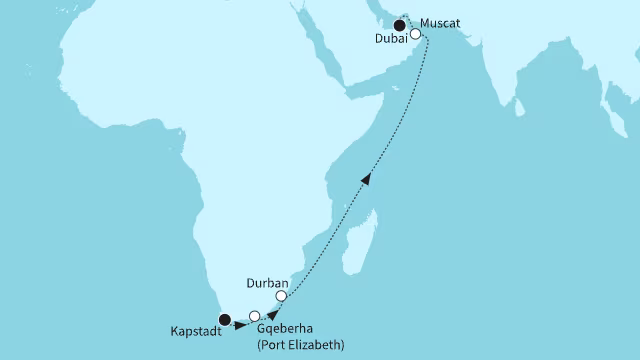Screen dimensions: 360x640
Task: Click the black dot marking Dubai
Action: pos(400,26)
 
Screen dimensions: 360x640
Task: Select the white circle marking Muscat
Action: pos(416,33)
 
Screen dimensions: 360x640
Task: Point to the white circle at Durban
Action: pos(282,296)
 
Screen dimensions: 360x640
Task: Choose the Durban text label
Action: pos(267,281)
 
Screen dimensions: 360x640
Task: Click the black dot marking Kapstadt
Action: pos(225,320)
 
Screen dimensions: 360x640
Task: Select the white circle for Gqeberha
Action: pos(254,316)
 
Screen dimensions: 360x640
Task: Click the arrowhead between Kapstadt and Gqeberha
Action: pos(241,324)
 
